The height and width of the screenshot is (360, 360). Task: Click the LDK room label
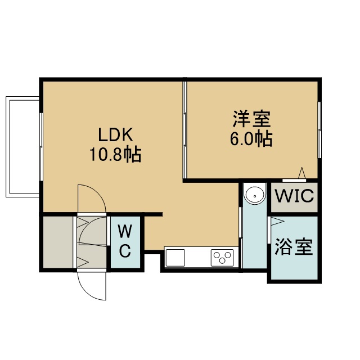pos(115,135)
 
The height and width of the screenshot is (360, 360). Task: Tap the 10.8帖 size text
pos(115,155)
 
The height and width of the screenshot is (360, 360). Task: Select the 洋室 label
pos(252,119)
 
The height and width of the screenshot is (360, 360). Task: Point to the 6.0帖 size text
pos(251,139)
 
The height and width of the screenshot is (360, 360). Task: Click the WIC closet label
pos(294,196)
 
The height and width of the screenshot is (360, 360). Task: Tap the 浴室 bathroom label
pos(294,247)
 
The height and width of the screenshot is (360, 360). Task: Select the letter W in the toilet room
pos(125,231)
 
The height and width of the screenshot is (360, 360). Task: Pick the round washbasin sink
pos(255,196)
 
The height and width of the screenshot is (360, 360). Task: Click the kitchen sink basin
pos(175,258)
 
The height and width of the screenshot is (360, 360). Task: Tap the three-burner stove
pos(222,258)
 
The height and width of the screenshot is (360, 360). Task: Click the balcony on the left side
pos(22,147)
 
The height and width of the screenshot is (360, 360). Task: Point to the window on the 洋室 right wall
pos(319,130)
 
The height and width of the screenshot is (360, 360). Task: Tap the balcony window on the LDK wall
pos(41,146)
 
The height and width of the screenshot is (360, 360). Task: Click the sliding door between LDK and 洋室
pos(185,130)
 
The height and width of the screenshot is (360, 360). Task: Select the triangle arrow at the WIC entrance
pos(302,173)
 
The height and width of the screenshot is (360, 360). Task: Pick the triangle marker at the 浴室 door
pos(277,221)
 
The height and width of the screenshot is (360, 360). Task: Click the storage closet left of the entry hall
pos(58,242)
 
